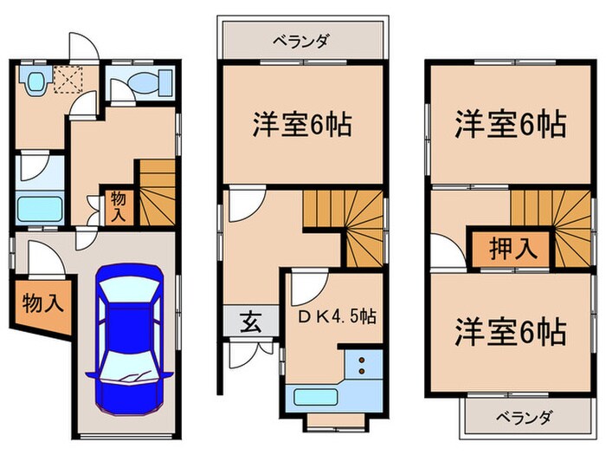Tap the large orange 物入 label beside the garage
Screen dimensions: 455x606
pyautogui.click(x=42, y=304)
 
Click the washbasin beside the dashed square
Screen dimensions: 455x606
pyautogui.click(x=35, y=83)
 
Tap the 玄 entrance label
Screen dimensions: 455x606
pyautogui.click(x=248, y=322)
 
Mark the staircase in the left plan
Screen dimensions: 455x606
pyautogui.click(x=157, y=193)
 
